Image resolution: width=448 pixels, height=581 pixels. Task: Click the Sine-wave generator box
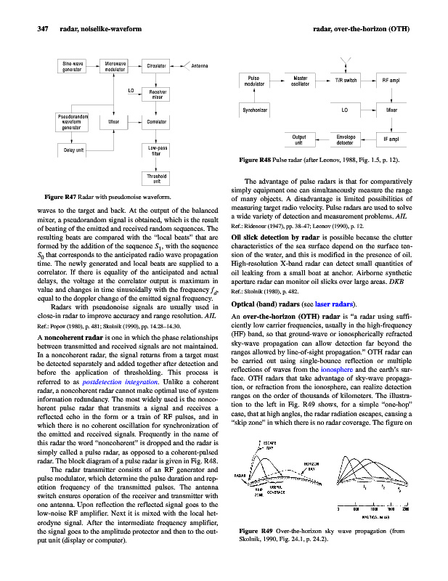coord(73,67)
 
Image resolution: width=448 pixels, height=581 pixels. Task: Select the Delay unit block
coord(73,150)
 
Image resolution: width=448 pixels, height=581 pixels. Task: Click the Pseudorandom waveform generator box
coord(73,123)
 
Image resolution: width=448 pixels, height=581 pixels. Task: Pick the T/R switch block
coord(345,81)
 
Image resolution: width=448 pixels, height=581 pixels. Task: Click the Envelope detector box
coord(346,139)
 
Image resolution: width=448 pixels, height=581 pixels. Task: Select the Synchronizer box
coord(255,110)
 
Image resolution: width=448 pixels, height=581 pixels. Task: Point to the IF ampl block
coord(391,139)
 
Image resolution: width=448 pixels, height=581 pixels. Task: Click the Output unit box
coord(299,139)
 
